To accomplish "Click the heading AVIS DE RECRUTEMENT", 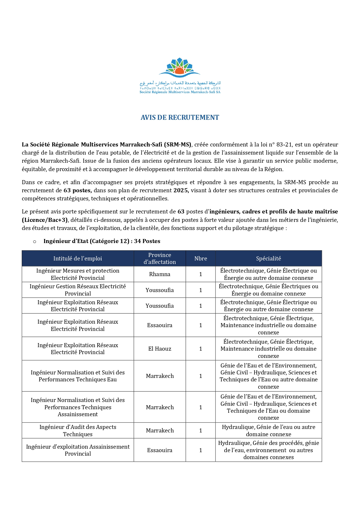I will coord(180,117).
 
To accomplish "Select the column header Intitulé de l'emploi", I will coord(77,258).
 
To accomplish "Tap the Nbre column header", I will coord(200,258).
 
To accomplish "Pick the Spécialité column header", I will coord(268,258).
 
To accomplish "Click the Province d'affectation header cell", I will coord(160,258).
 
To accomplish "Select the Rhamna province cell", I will coord(160,274).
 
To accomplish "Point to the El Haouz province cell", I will coord(160,349).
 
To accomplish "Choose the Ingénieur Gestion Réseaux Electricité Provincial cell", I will coord(77,290).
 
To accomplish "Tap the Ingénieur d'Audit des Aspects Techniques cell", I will coord(77,430).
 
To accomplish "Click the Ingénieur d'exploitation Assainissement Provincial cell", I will coord(77,450).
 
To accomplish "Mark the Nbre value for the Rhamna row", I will coord(200,274).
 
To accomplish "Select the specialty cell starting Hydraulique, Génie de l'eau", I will coord(268,430).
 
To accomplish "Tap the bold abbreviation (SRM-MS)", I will coord(178,145).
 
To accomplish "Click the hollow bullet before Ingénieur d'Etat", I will coord(35,242).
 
